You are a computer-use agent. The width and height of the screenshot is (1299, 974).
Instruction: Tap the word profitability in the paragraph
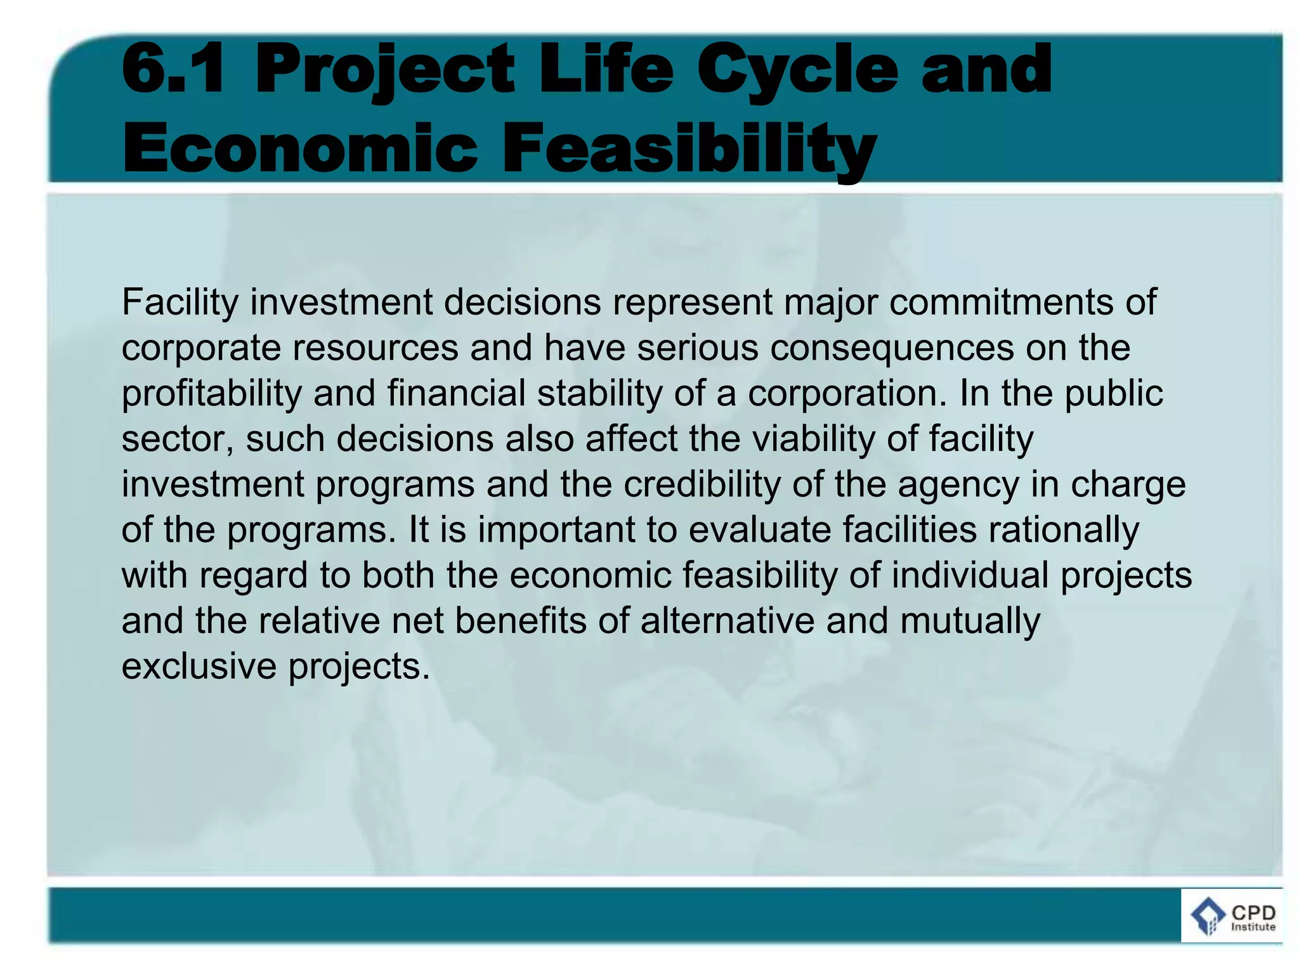click(x=212, y=394)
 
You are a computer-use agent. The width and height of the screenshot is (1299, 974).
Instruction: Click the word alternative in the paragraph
click(x=727, y=621)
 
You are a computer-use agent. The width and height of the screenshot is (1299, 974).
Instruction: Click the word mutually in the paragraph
click(x=970, y=622)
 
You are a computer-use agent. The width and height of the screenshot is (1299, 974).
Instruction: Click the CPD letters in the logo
click(x=1253, y=913)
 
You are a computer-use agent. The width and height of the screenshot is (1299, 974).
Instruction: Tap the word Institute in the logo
click(x=1253, y=927)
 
